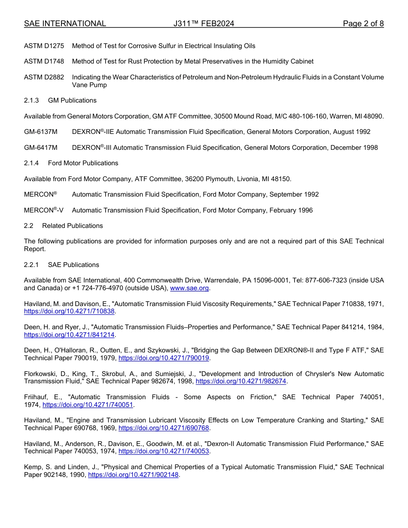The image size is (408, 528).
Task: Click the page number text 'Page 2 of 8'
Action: tap(363, 24)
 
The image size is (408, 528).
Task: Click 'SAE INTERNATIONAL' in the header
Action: tap(65, 24)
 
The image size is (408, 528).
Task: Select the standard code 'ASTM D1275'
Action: tap(44, 46)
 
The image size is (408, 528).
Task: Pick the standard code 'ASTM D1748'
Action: tap(44, 61)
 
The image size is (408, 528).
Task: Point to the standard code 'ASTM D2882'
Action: tap(44, 77)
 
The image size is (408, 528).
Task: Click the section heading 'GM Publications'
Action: tap(72, 100)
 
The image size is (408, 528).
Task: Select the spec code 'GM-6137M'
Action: tap(41, 132)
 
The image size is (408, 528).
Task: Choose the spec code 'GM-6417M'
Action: tap(41, 148)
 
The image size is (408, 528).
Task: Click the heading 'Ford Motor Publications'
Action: tap(83, 163)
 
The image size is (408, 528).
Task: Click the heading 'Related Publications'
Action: tap(72, 226)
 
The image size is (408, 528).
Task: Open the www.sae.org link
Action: tap(189, 288)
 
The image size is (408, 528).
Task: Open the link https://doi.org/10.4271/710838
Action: tap(69, 311)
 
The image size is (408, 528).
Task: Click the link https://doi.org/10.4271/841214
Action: tap(69, 334)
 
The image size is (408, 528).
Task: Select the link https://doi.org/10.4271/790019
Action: tap(164, 358)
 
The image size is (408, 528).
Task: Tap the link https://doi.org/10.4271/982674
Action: tap(241, 381)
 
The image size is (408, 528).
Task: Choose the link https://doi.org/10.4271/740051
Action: tap(88, 404)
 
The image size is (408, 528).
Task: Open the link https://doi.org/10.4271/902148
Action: tap(133, 475)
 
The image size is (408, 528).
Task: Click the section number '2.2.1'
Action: tap(32, 265)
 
